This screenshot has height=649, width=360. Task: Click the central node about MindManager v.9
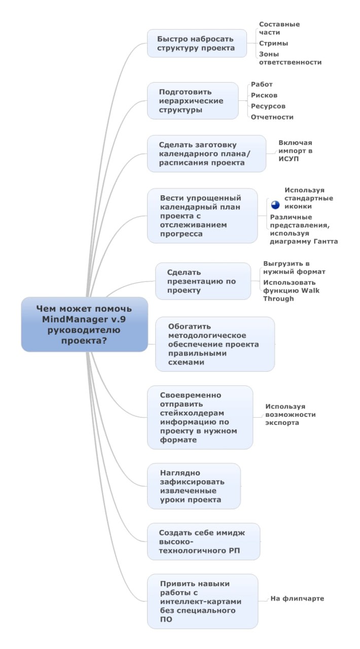pos(84,324)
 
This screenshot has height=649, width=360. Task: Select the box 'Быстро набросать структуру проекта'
pos(197,43)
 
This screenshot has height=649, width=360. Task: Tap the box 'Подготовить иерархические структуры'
pos(193,101)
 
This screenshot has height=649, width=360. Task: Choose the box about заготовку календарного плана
pos(207,154)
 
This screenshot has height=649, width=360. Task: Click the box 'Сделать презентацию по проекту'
pos(203,281)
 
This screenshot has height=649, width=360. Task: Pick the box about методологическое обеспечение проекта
pos(215,344)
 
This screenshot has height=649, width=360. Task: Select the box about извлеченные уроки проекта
pos(194,486)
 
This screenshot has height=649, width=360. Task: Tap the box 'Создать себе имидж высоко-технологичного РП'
pos(203,542)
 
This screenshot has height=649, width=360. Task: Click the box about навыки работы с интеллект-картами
pos(203,601)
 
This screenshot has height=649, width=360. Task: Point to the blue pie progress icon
pos(275,205)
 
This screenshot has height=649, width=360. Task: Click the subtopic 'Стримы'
pos(273,44)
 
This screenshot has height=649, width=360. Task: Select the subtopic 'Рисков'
pos(264,95)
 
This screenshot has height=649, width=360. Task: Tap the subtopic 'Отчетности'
pos(272,117)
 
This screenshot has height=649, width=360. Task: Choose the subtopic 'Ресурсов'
pos(268,106)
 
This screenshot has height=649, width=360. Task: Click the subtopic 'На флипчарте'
pos(297,598)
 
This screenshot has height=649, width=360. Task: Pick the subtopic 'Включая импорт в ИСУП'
pos(296,151)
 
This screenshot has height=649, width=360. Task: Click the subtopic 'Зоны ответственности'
pos(290,58)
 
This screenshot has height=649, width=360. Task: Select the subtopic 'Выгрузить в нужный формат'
pos(294,268)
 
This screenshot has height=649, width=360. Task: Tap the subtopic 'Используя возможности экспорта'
pos(290,414)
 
